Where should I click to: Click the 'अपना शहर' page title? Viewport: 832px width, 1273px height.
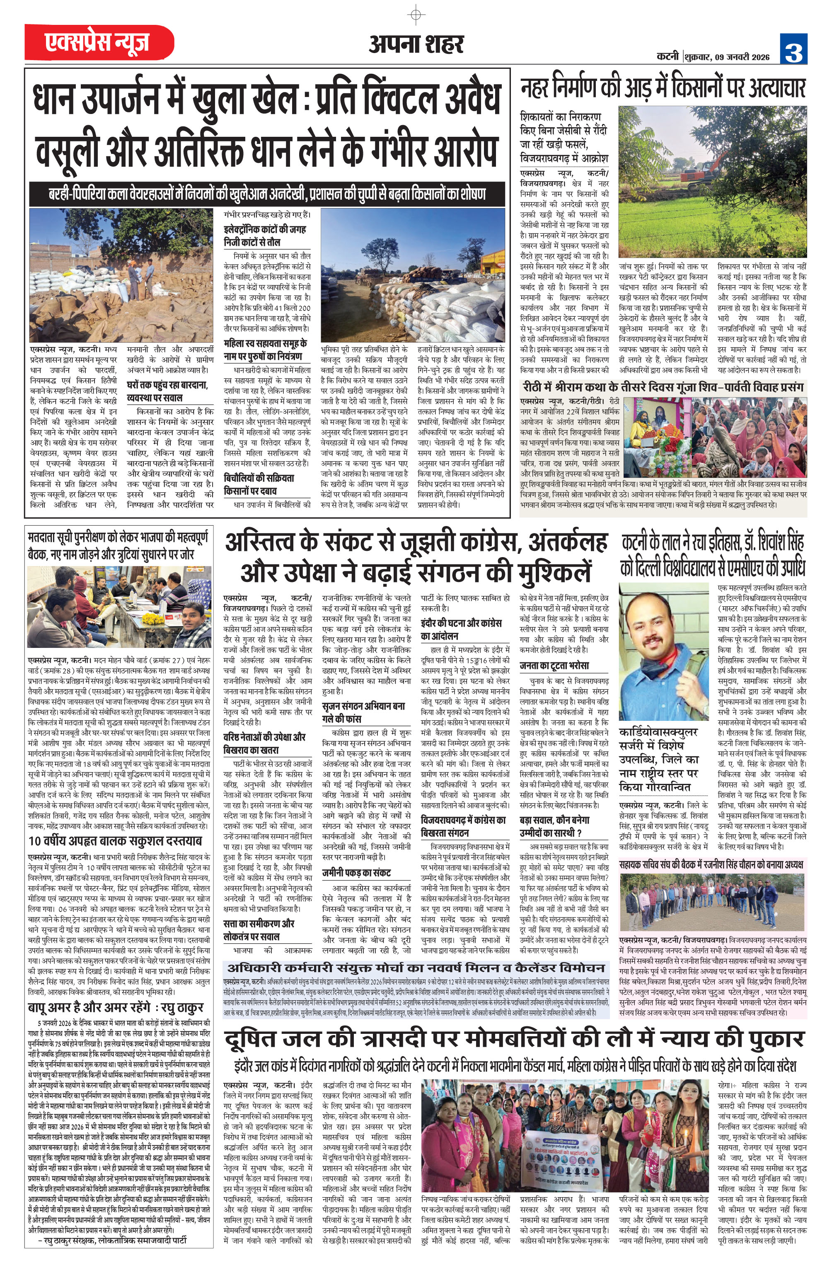point(416,44)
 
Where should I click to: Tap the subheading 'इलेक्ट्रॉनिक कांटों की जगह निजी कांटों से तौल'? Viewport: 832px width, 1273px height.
point(265,235)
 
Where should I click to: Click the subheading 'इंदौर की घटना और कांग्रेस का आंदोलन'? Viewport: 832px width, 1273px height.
point(461,630)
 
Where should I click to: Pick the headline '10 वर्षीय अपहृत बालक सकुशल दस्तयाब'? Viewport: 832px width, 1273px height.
point(114,841)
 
